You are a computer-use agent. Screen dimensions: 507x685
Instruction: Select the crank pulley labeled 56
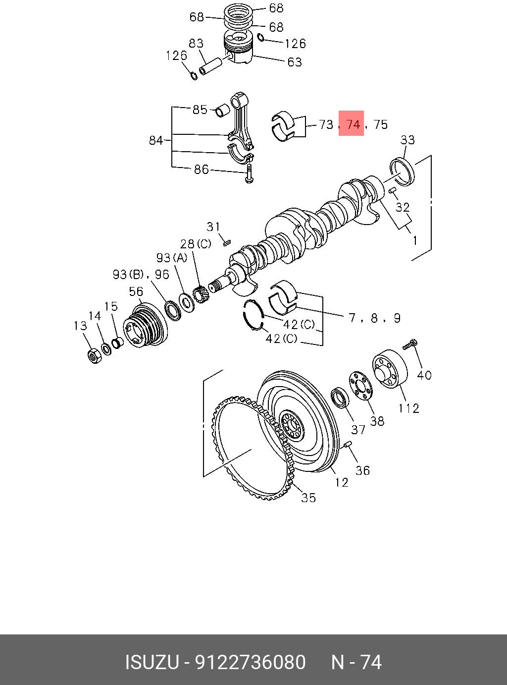pyautogui.click(x=146, y=327)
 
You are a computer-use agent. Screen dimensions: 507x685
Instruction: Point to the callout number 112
pyautogui.click(x=408, y=408)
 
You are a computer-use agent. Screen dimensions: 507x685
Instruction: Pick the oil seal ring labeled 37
pyautogui.click(x=340, y=397)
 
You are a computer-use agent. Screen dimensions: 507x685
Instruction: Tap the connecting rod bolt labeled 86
pyautogui.click(x=250, y=173)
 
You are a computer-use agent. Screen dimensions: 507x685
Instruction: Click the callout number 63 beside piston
pyautogui.click(x=294, y=62)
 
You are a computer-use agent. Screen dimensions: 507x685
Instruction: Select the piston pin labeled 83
pyautogui.click(x=210, y=66)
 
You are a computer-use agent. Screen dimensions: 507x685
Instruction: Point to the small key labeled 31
pyautogui.click(x=227, y=243)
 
